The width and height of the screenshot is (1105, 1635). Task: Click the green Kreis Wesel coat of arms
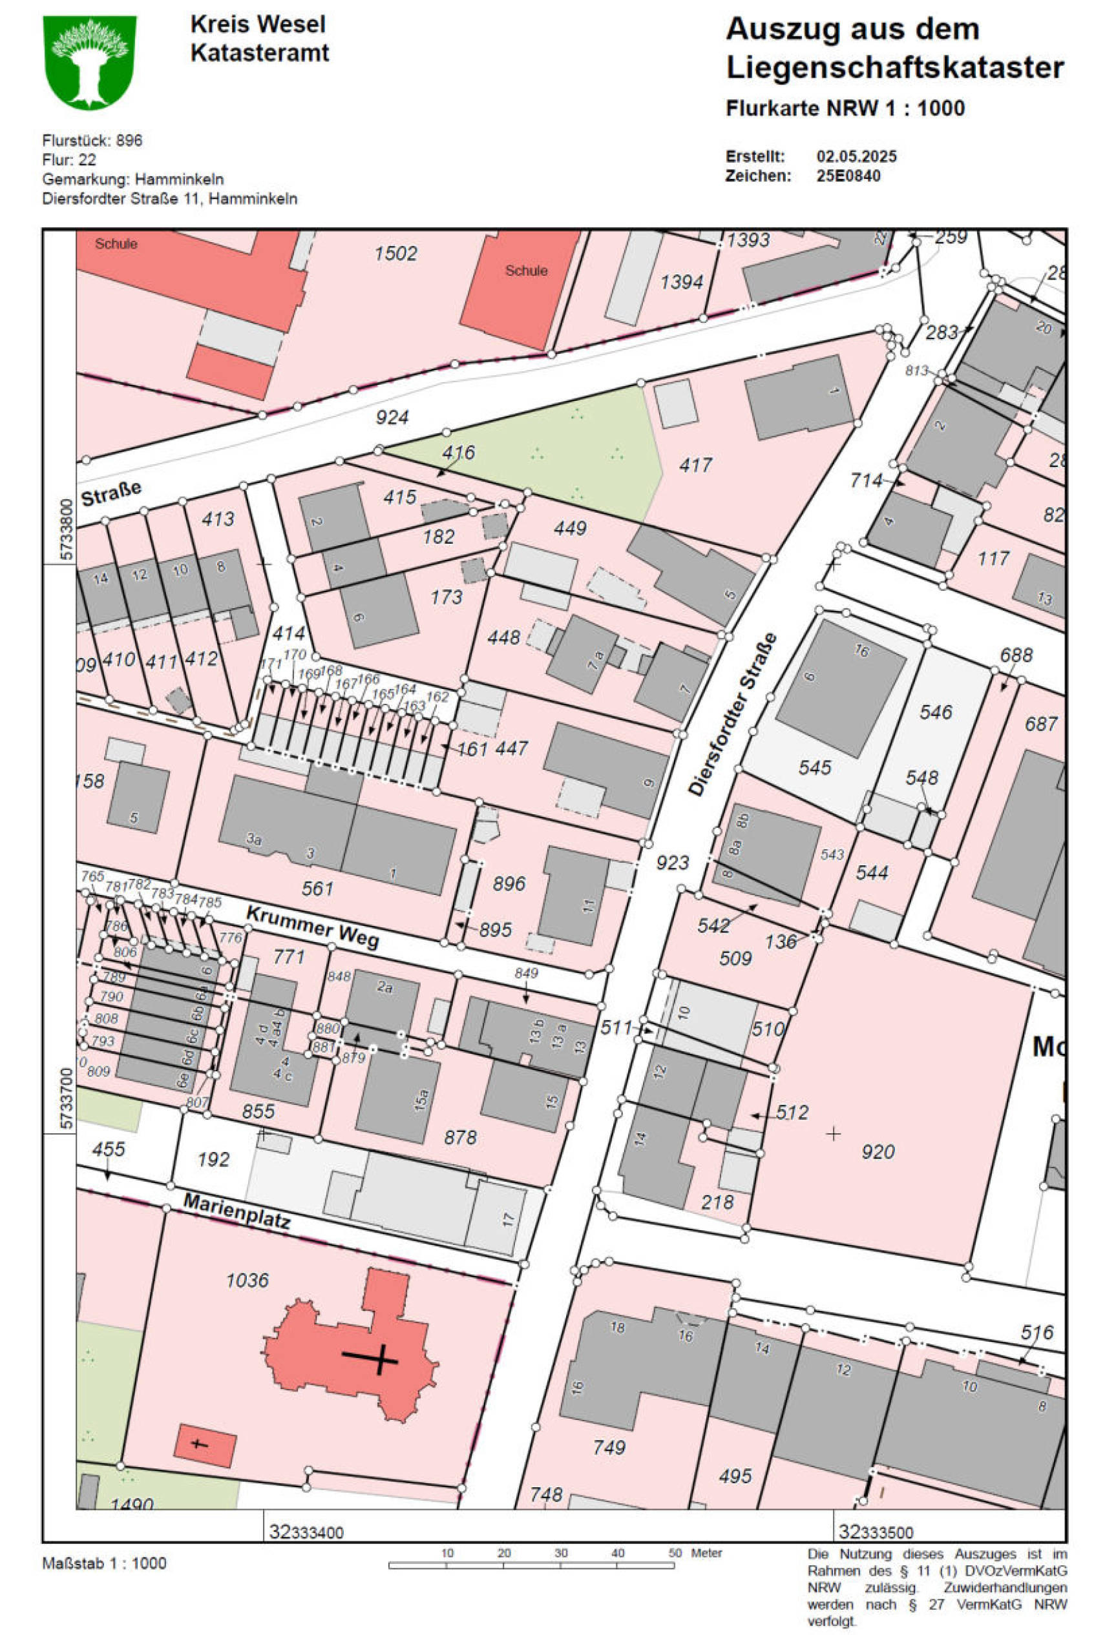tap(89, 63)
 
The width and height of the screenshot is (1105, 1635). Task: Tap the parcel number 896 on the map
tap(508, 883)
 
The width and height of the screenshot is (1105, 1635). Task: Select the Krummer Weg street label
tap(313, 927)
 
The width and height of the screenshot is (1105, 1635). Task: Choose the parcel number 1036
tap(247, 1280)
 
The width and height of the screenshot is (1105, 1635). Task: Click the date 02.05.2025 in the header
tap(856, 156)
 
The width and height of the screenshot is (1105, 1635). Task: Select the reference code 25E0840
tap(847, 176)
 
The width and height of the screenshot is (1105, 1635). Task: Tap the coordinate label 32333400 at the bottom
tap(306, 1532)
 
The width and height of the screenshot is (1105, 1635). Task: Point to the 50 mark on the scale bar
tap(673, 1553)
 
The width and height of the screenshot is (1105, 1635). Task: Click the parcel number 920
tap(878, 1152)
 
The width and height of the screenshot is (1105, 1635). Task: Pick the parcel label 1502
tap(395, 253)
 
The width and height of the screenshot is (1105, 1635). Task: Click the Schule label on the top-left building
tap(116, 244)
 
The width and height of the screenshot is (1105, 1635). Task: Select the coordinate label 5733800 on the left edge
tap(65, 530)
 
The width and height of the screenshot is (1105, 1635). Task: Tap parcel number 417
tap(695, 465)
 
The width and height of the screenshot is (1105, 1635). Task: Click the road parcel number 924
tap(392, 418)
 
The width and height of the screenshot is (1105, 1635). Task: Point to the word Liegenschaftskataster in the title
tap(894, 68)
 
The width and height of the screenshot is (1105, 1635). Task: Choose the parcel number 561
tap(317, 889)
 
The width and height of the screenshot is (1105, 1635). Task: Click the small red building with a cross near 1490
tap(204, 1446)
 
